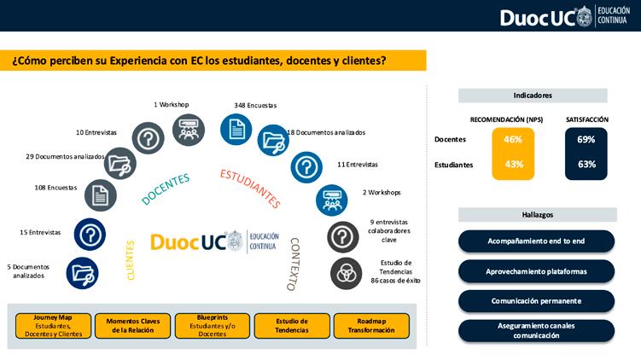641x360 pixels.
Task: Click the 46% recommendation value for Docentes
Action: tap(512, 139)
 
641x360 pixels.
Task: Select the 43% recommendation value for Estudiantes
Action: tap(512, 164)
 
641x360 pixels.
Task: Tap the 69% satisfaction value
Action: tap(586, 139)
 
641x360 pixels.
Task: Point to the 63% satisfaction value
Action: tap(586, 164)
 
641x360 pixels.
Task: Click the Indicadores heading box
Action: tap(533, 96)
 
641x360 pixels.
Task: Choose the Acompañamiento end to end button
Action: tap(536, 241)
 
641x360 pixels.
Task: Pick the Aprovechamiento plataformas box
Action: tap(536, 271)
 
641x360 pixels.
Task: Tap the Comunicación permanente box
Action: tap(536, 301)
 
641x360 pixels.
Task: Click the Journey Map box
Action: tap(53, 325)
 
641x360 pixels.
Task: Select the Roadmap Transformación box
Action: tap(371, 325)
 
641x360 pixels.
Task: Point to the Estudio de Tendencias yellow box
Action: tap(291, 325)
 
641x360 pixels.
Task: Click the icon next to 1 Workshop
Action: tap(189, 130)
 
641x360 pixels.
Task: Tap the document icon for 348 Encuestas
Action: tap(236, 129)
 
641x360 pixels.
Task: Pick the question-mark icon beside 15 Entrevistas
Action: tap(90, 233)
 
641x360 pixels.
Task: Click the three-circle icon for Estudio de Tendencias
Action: tap(346, 273)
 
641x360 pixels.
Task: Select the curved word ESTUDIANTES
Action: tap(249, 188)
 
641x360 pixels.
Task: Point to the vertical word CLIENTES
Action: tap(131, 260)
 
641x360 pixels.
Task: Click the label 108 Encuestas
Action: tap(55, 187)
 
